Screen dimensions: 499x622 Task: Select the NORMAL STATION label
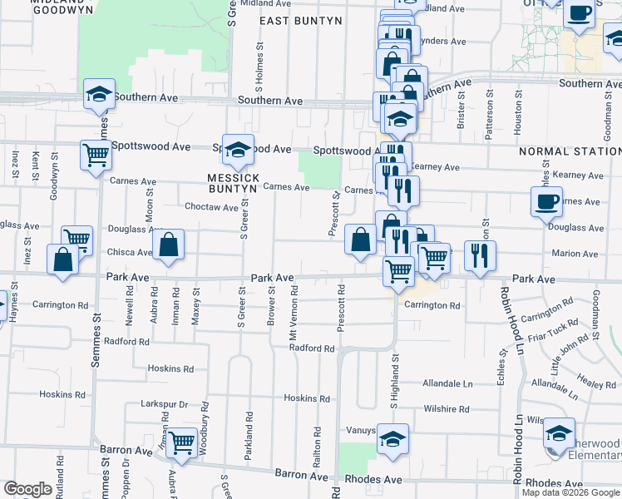click(x=570, y=151)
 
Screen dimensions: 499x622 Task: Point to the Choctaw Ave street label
click(x=211, y=207)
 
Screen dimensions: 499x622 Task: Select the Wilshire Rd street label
click(x=447, y=409)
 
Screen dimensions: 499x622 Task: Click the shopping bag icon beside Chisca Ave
click(x=168, y=245)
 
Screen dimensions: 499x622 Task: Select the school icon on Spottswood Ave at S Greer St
click(x=238, y=150)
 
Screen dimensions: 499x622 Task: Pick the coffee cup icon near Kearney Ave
click(x=547, y=201)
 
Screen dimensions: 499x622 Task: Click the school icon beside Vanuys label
click(x=392, y=438)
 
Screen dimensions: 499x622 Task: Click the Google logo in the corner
click(x=28, y=489)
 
